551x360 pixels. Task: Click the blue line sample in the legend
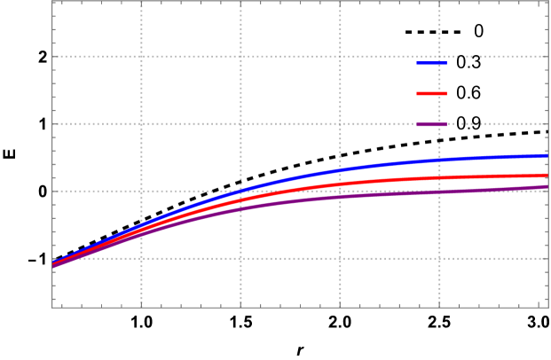432,62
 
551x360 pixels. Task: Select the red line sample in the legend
432,93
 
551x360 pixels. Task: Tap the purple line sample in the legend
432,124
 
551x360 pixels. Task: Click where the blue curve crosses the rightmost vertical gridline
439,160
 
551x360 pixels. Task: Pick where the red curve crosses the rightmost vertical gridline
439,177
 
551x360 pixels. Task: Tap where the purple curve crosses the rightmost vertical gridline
439,192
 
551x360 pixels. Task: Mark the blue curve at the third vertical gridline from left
340,169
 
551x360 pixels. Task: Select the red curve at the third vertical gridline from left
340,184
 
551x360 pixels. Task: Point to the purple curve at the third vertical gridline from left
340,197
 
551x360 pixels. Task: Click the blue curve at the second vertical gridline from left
240,191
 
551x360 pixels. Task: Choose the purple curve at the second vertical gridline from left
240,208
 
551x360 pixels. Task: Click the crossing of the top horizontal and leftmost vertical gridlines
141,57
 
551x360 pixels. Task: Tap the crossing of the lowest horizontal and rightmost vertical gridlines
439,258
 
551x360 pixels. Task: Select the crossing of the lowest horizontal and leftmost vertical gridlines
141,258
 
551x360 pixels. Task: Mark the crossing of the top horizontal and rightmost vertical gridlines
439,57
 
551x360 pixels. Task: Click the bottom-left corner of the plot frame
52,308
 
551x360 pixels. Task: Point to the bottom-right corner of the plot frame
548,308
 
